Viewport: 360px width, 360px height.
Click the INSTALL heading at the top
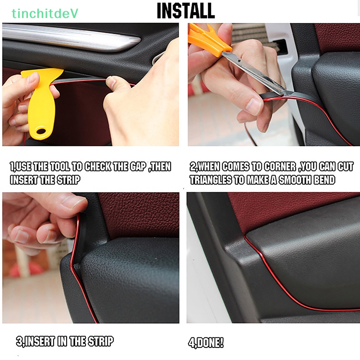[185, 11]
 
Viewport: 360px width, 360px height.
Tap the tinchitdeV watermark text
[45, 13]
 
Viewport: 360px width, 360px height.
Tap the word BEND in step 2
[322, 180]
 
